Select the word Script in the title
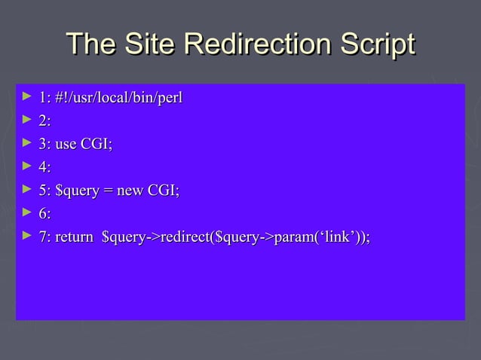pos(375,44)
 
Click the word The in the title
pos(88,44)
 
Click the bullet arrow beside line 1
pos(27,97)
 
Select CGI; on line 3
pos(97,145)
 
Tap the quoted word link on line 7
pos(337,238)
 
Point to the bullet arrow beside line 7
pos(27,237)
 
